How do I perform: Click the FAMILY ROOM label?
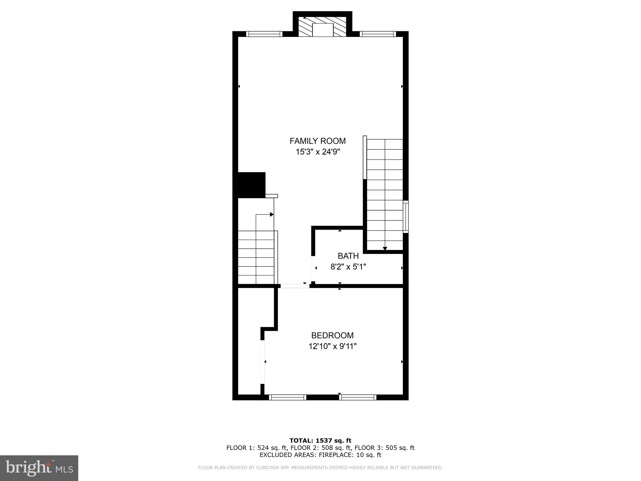coord(317,141)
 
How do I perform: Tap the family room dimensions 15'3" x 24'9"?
coord(318,152)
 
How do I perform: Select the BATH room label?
coord(348,256)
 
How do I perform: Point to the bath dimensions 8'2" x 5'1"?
coord(348,267)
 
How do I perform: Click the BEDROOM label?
coord(332,335)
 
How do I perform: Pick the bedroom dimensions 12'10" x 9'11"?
coord(332,346)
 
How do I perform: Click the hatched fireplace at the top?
coord(322,27)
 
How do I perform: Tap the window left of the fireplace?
coord(264,34)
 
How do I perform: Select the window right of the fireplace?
coord(378,34)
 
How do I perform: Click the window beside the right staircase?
coord(406,217)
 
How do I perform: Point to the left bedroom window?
coord(287,397)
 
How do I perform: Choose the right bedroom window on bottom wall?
coord(357,397)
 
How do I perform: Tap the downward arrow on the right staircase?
coord(385,248)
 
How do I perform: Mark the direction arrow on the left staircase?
coord(271,215)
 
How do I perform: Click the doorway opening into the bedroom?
coord(294,286)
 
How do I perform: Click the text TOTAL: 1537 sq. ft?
coord(320,441)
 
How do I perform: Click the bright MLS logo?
coord(39,468)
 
